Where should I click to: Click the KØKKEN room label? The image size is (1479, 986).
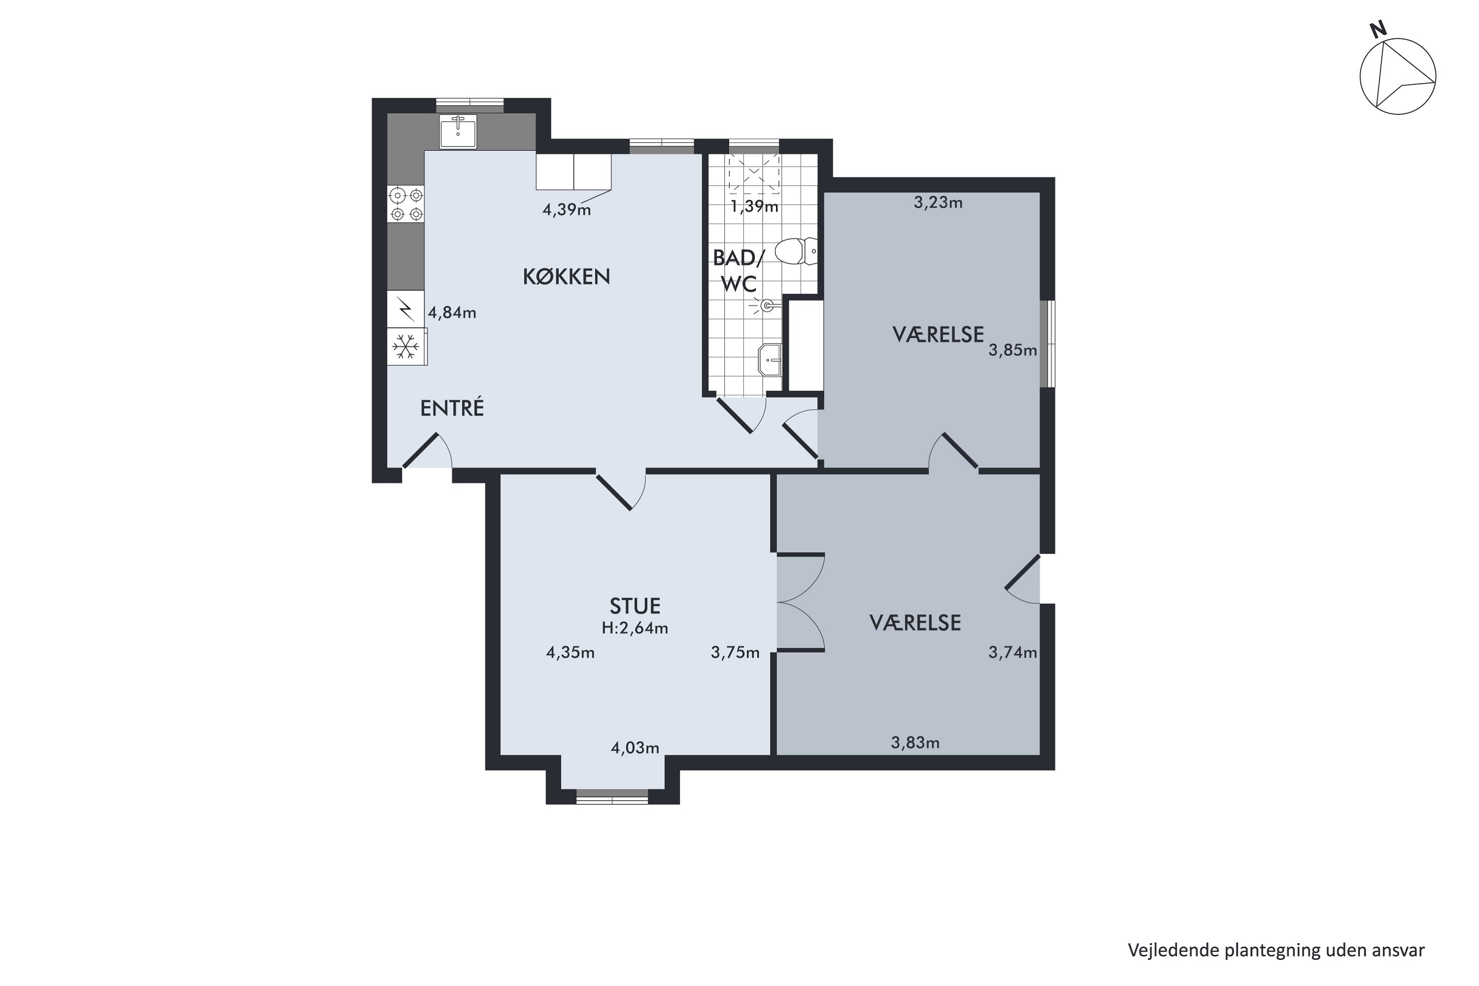click(566, 277)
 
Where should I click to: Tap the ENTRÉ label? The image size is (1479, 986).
click(452, 408)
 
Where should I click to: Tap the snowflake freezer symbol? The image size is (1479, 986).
click(406, 346)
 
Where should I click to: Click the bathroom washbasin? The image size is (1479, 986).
click(770, 360)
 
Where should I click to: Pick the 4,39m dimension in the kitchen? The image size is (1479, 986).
click(566, 210)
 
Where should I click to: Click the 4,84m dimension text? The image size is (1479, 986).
click(452, 312)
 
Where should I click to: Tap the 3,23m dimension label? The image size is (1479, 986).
click(938, 203)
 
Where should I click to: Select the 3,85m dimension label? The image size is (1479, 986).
click(1013, 350)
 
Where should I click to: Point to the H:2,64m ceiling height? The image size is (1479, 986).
click(635, 628)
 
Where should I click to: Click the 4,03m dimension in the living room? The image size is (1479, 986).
click(635, 748)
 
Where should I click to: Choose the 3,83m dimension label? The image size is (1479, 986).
click(916, 742)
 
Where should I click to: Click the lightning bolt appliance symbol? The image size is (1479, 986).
click(406, 310)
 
